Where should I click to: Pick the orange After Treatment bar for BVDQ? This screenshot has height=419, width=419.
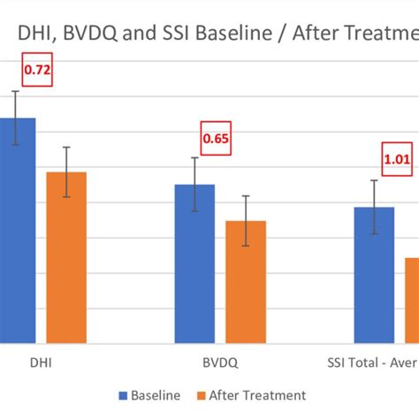click(x=245, y=282)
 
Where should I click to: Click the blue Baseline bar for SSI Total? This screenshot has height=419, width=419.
click(x=374, y=275)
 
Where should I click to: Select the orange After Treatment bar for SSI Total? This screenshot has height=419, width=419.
click(x=411, y=301)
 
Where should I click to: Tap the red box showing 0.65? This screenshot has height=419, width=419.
click(x=215, y=138)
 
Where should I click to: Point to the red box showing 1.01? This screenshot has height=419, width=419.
click(x=396, y=160)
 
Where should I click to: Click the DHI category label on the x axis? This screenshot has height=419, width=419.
click(x=42, y=362)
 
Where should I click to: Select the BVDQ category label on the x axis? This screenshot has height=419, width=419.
click(x=219, y=362)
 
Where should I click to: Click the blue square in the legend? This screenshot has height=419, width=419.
click(x=122, y=395)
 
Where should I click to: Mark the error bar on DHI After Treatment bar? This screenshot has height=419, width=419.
click(x=66, y=171)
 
